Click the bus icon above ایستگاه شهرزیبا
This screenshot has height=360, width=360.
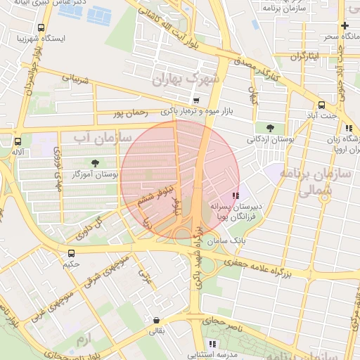coord(40,28)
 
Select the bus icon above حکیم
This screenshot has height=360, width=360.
coord(71,253)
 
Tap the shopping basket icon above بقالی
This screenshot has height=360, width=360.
coord(156,320)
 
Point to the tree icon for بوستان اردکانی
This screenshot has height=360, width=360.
coord(270,128)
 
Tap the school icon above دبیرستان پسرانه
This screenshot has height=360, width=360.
coord(235,196)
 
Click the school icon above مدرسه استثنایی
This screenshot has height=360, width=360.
coord(212,344)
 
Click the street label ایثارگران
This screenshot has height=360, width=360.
coord(306,55)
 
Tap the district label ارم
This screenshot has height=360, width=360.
coord(84,340)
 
